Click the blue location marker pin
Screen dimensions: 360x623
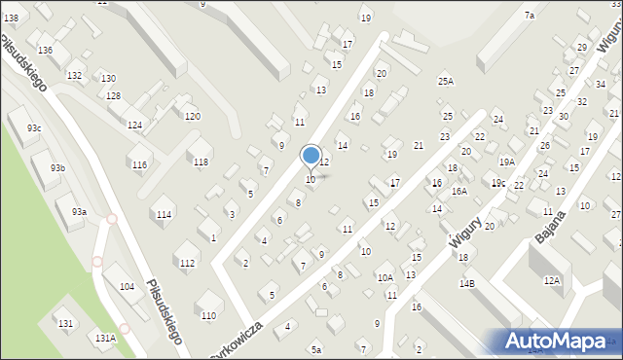(311, 156)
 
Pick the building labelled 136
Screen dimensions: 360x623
(45, 50)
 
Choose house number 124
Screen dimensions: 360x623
(135, 126)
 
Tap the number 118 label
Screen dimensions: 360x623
(200, 162)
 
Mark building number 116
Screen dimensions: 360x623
(139, 165)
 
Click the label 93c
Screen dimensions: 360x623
(34, 128)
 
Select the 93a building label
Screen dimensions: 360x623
(79, 211)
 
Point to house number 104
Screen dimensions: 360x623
(127, 287)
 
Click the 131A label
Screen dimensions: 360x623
(105, 337)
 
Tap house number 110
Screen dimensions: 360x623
(208, 315)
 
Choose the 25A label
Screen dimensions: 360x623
(446, 82)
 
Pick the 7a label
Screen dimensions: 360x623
(530, 16)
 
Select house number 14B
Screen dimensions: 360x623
(467, 283)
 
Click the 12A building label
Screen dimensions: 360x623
(552, 280)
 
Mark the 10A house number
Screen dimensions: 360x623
(385, 278)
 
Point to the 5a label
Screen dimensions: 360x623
(315, 348)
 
